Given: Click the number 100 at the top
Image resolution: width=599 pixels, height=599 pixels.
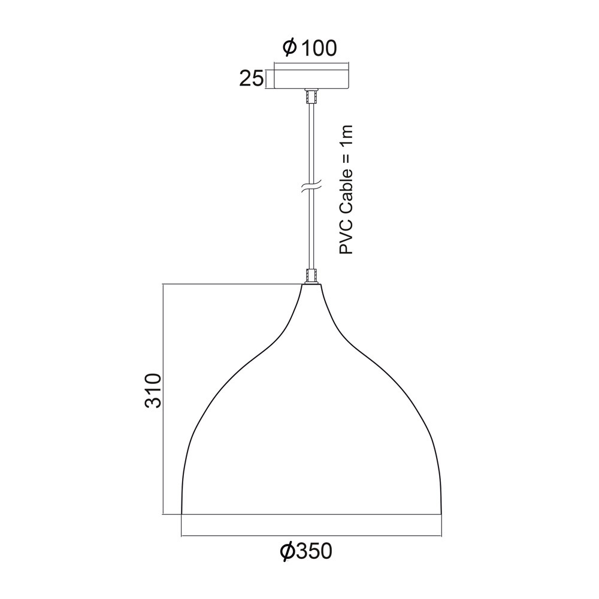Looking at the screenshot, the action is (x=319, y=48).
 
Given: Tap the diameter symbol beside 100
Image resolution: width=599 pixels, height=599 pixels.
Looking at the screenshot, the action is (x=289, y=47).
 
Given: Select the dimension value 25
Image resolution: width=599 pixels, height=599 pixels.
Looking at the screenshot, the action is (x=252, y=78).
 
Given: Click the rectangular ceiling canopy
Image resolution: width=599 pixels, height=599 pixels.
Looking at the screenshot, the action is (x=311, y=79).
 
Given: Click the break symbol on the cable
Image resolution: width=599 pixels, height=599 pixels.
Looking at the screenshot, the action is (x=311, y=187).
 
